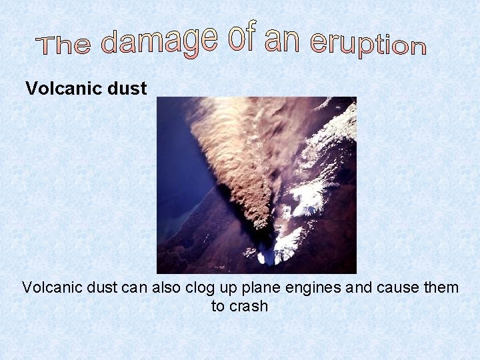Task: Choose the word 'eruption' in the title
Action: tap(368, 44)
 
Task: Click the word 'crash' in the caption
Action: tap(249, 307)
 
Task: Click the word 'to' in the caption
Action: tap(219, 307)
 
